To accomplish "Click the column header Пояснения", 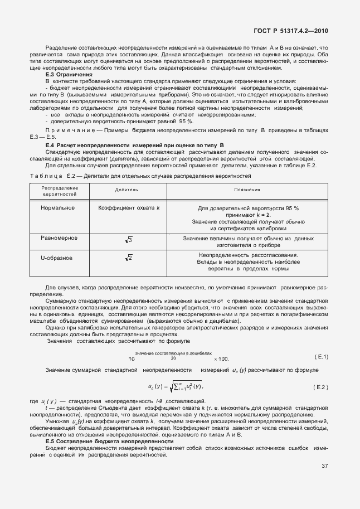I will [248, 190].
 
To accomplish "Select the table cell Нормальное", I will [57, 208].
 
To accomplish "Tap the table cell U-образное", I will [57, 258].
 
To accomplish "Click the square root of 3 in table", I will [128, 240].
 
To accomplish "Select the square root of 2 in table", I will [128, 258].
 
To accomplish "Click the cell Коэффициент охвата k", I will [129, 208].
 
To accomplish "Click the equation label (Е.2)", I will [321, 386].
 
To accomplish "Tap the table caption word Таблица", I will [46, 176].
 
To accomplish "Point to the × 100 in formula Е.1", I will [221, 359].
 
